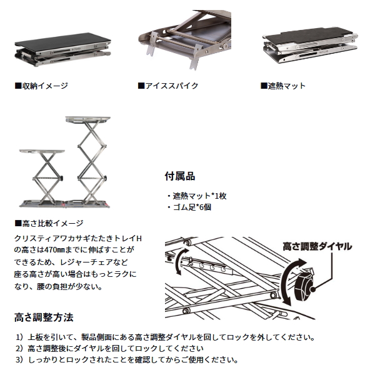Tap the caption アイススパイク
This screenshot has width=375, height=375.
pyautogui.click(x=168, y=86)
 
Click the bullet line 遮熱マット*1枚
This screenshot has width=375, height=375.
pyautogui.click(x=197, y=196)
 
